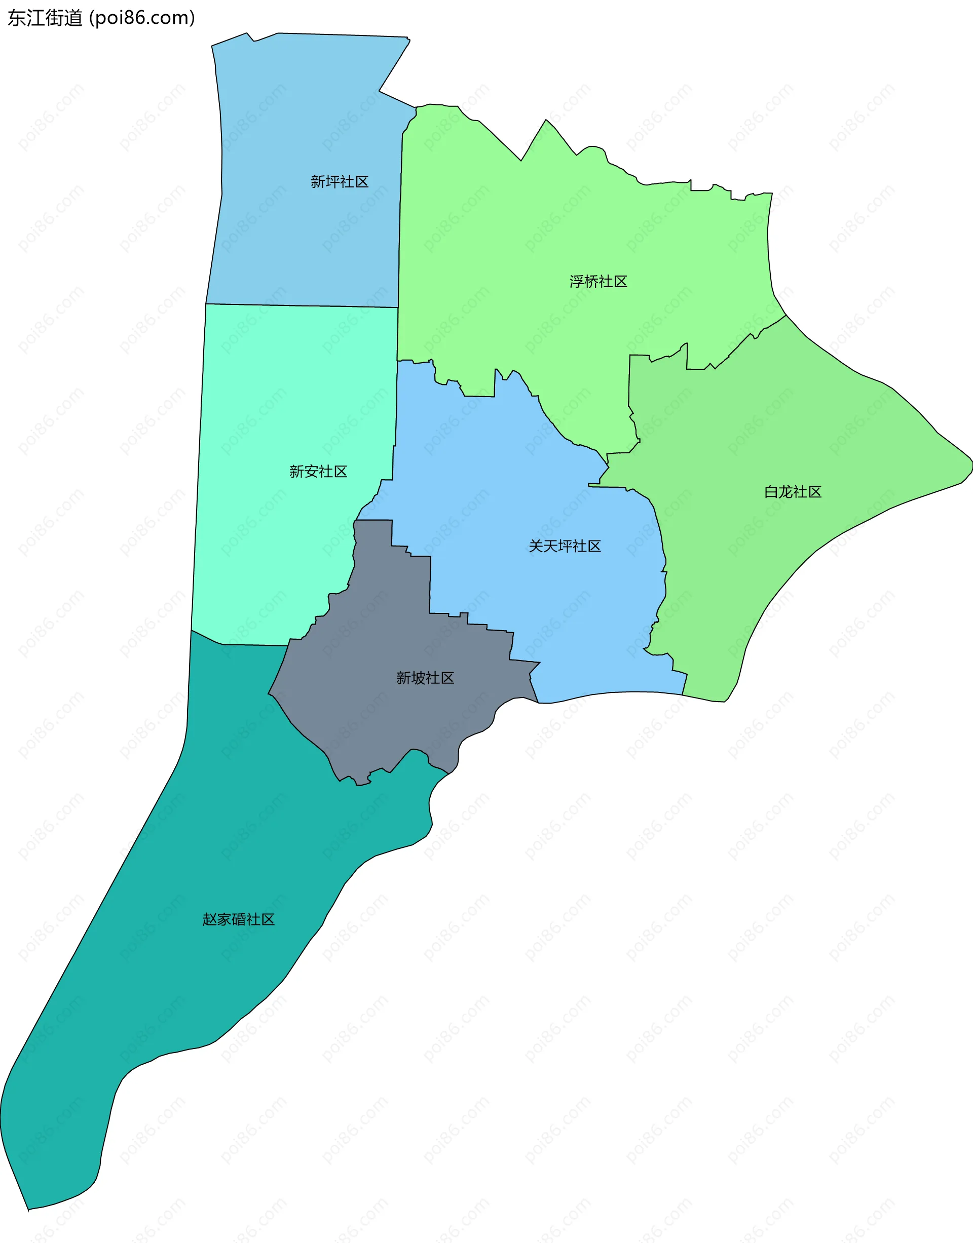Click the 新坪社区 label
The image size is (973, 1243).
[340, 182]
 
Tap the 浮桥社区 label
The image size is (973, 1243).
[598, 282]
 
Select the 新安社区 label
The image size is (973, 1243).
[318, 472]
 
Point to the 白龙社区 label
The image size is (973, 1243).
[793, 492]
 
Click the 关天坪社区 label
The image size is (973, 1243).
[565, 546]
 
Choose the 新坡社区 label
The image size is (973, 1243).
[425, 678]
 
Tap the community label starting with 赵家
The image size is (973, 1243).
[239, 919]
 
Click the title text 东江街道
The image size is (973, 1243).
[45, 18]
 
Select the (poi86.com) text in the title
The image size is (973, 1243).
[142, 18]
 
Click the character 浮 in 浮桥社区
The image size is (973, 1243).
[577, 282]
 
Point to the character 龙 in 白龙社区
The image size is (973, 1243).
[785, 492]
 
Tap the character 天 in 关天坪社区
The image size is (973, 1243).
[550, 546]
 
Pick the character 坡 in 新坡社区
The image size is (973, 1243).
[418, 678]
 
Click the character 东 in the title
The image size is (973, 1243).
[17, 18]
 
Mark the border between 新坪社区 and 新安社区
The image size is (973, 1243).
[302, 306]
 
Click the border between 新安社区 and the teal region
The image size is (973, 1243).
[245, 645]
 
